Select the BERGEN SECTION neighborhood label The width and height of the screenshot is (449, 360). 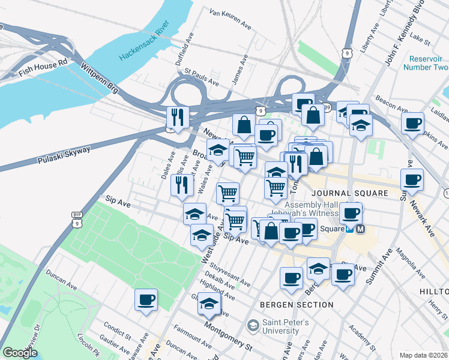tap(297, 305)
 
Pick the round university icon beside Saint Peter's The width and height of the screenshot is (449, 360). tap(253, 325)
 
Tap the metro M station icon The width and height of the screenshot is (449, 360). tap(360, 229)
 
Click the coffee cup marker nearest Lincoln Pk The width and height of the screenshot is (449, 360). tap(146, 299)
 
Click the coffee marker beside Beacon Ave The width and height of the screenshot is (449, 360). tap(412, 124)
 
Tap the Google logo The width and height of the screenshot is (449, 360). tap(20, 353)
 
